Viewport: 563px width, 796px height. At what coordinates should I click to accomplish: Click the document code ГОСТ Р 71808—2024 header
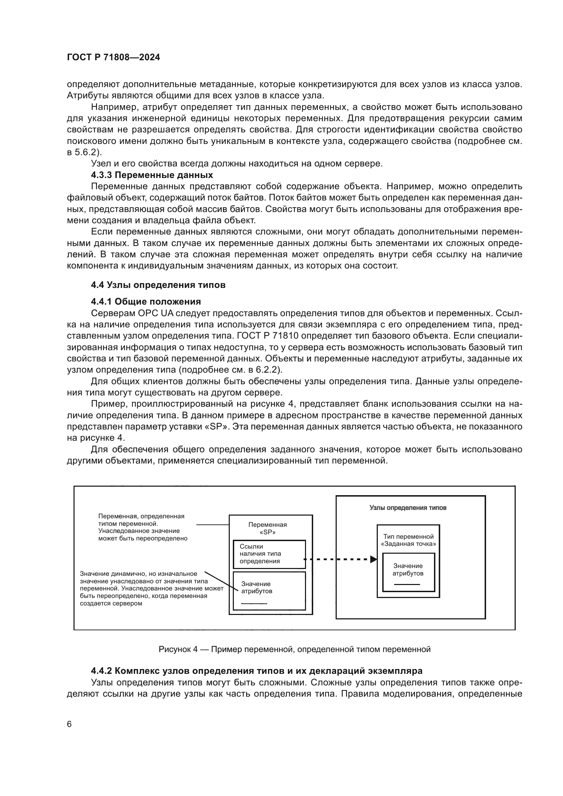coord(113,57)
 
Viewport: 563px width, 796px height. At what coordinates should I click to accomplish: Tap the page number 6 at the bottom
coord(69,724)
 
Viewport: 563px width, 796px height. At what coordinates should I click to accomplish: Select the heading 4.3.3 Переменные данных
coord(152,175)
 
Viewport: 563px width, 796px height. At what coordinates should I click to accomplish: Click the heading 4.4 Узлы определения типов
coord(158,285)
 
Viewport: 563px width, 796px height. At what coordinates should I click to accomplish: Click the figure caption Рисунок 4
coord(294,649)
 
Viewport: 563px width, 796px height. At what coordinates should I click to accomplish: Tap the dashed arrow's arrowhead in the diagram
coord(373,559)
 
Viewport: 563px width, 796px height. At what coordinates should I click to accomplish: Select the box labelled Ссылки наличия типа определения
coord(269,554)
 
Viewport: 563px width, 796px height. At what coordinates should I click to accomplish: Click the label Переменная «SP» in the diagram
coord(267,529)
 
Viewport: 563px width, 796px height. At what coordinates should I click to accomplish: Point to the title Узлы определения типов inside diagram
coord(408,508)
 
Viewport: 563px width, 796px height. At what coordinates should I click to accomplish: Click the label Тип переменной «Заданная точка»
coord(408,540)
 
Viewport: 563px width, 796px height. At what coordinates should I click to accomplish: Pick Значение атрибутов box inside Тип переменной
coord(408,572)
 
